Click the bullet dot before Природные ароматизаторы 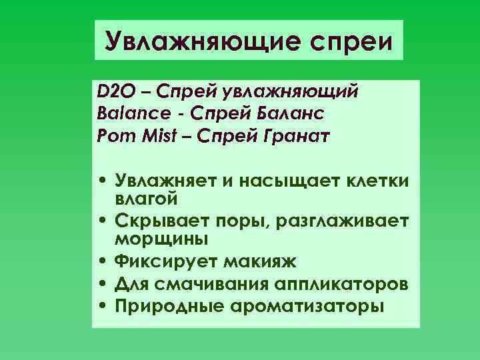pos(105,307)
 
